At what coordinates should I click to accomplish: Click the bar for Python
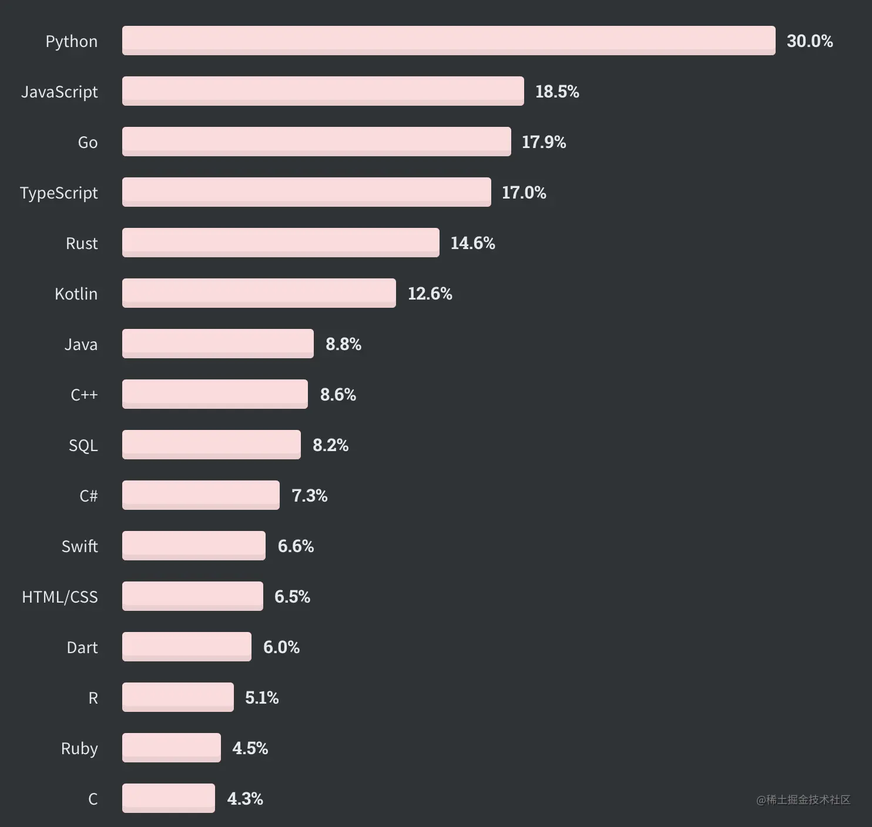448,41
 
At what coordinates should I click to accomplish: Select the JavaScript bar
323,91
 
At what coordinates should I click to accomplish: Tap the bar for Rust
280,243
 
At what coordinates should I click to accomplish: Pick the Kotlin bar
259,293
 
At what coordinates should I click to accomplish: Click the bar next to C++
214,394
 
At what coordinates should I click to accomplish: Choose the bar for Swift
193,546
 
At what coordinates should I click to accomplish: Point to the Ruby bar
171,748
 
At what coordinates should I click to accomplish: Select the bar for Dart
186,647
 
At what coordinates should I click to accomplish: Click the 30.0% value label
809,41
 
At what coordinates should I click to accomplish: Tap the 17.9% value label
544,142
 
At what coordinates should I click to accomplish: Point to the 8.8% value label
343,344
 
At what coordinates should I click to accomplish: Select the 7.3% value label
309,496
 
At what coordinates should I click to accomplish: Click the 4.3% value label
244,799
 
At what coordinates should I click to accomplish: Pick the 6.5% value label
292,597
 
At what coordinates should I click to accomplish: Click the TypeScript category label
59,193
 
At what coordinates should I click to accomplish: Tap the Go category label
88,143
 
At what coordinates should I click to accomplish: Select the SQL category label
83,446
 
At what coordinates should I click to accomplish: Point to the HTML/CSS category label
60,597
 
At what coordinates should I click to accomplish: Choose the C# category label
88,496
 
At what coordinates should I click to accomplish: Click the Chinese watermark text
803,800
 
